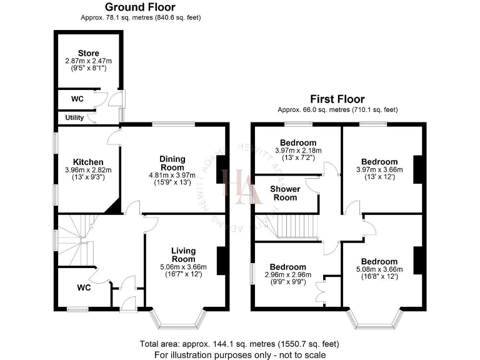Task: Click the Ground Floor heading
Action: (139, 7)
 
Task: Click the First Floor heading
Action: (337, 99)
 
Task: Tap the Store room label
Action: (88, 53)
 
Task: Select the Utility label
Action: (74, 117)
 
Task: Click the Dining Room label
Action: (172, 163)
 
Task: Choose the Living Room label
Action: (184, 254)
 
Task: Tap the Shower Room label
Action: (285, 193)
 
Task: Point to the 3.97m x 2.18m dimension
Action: (297, 151)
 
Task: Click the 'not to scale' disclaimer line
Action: (240, 354)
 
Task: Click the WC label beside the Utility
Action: (77, 99)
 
